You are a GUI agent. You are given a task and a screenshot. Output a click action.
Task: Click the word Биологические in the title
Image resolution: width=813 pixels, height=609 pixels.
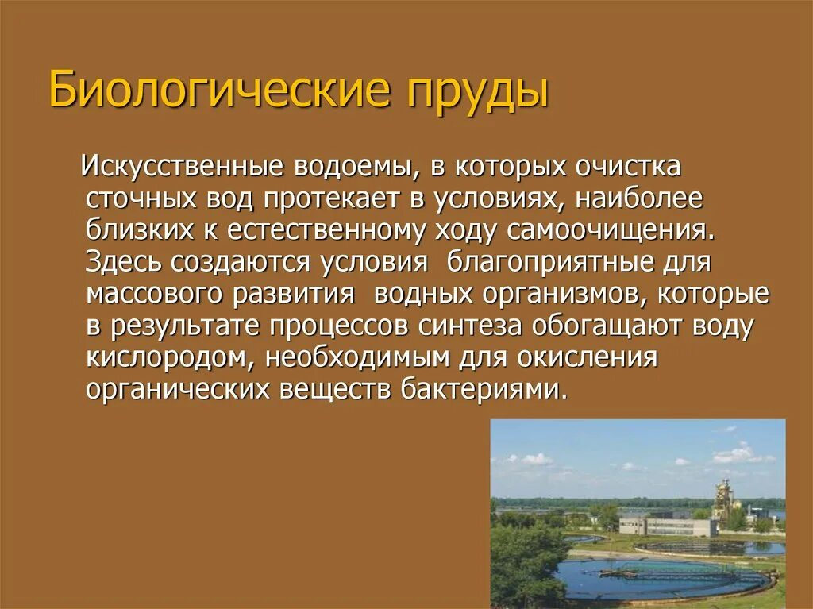221,91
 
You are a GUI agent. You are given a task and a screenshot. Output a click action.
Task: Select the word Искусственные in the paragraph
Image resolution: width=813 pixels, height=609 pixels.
185,168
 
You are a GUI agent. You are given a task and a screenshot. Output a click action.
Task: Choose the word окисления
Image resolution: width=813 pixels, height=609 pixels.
588,357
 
